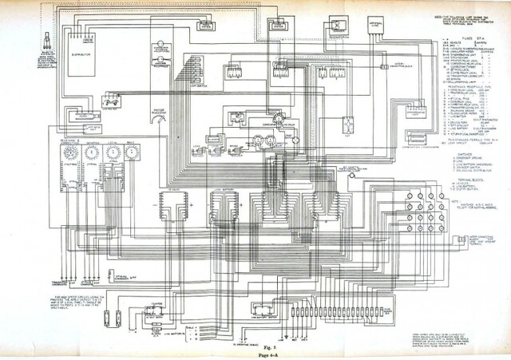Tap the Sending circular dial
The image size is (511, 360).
(x=89, y=149)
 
